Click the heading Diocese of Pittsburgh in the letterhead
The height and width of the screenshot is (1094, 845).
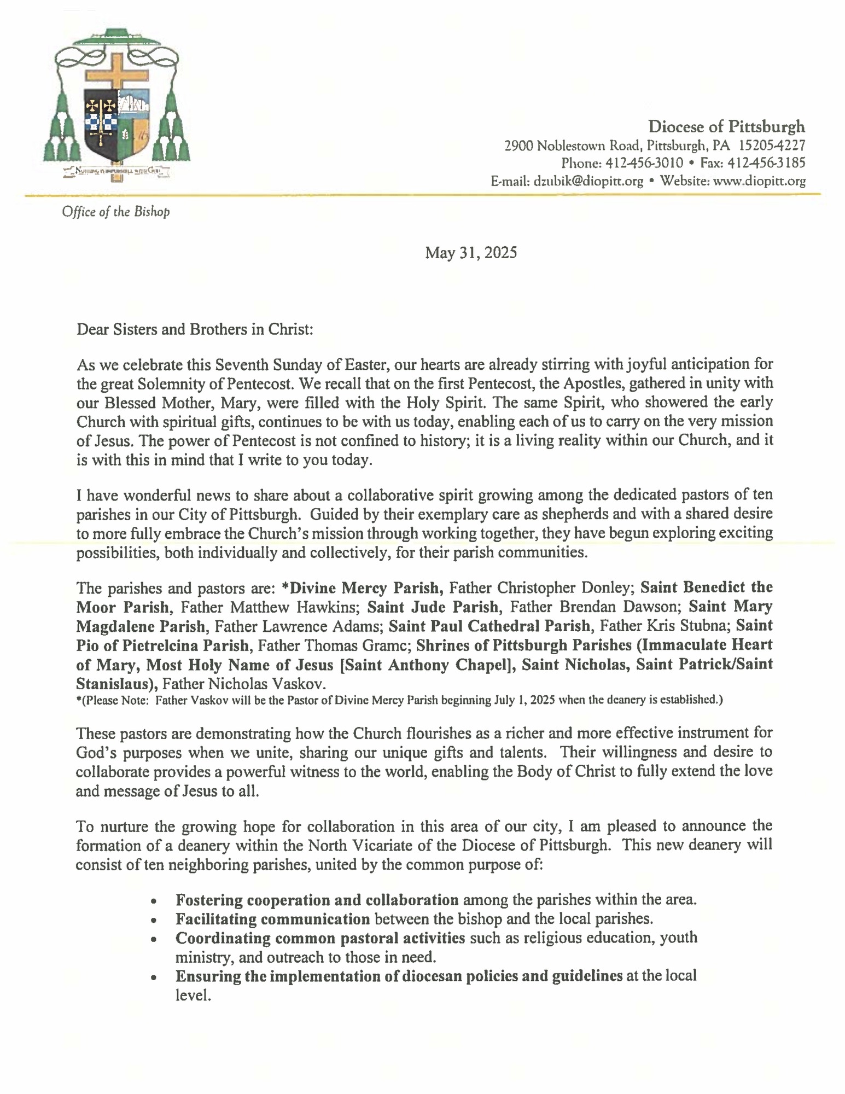click(x=726, y=127)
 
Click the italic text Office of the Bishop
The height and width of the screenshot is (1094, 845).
click(x=115, y=212)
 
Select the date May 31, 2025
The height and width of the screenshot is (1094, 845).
click(x=471, y=253)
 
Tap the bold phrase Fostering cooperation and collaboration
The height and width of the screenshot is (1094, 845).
click(x=317, y=900)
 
